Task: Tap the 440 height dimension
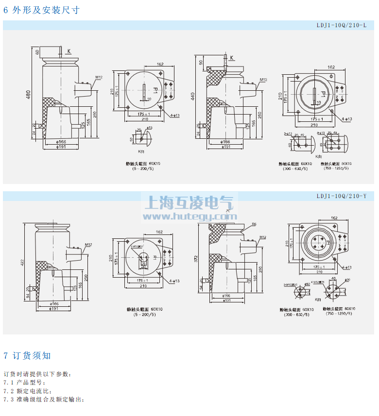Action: [x=193, y=96]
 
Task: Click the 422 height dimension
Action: [x=22, y=263]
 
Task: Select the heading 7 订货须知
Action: [x=27, y=356]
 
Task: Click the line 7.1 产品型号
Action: [x=24, y=383]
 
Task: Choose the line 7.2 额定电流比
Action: [x=27, y=391]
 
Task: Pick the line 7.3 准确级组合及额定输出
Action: [x=44, y=399]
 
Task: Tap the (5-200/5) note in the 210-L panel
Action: [x=144, y=168]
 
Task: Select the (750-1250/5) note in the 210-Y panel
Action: [x=339, y=314]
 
